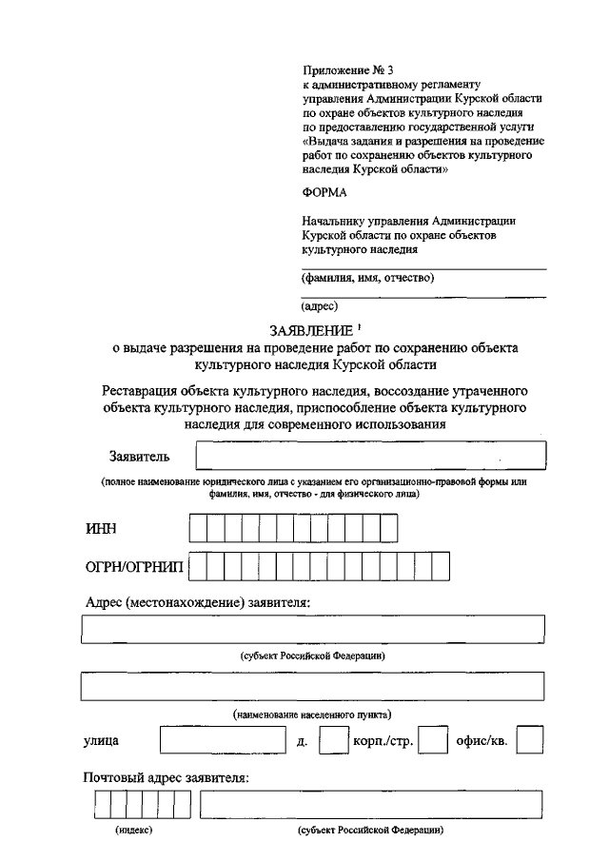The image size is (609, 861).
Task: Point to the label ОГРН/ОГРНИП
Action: pyautogui.click(x=135, y=568)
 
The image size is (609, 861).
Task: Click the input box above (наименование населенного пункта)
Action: pyautogui.click(x=313, y=686)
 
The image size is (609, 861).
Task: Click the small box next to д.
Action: pyautogui.click(x=333, y=741)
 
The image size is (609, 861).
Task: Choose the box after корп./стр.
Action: pyautogui.click(x=433, y=741)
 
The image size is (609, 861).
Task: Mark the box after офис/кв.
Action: pyautogui.click(x=530, y=741)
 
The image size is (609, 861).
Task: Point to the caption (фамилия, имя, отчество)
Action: pyautogui.click(x=367, y=279)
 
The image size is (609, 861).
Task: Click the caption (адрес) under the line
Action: pyautogui.click(x=319, y=307)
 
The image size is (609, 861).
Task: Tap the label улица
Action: pyautogui.click(x=102, y=741)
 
